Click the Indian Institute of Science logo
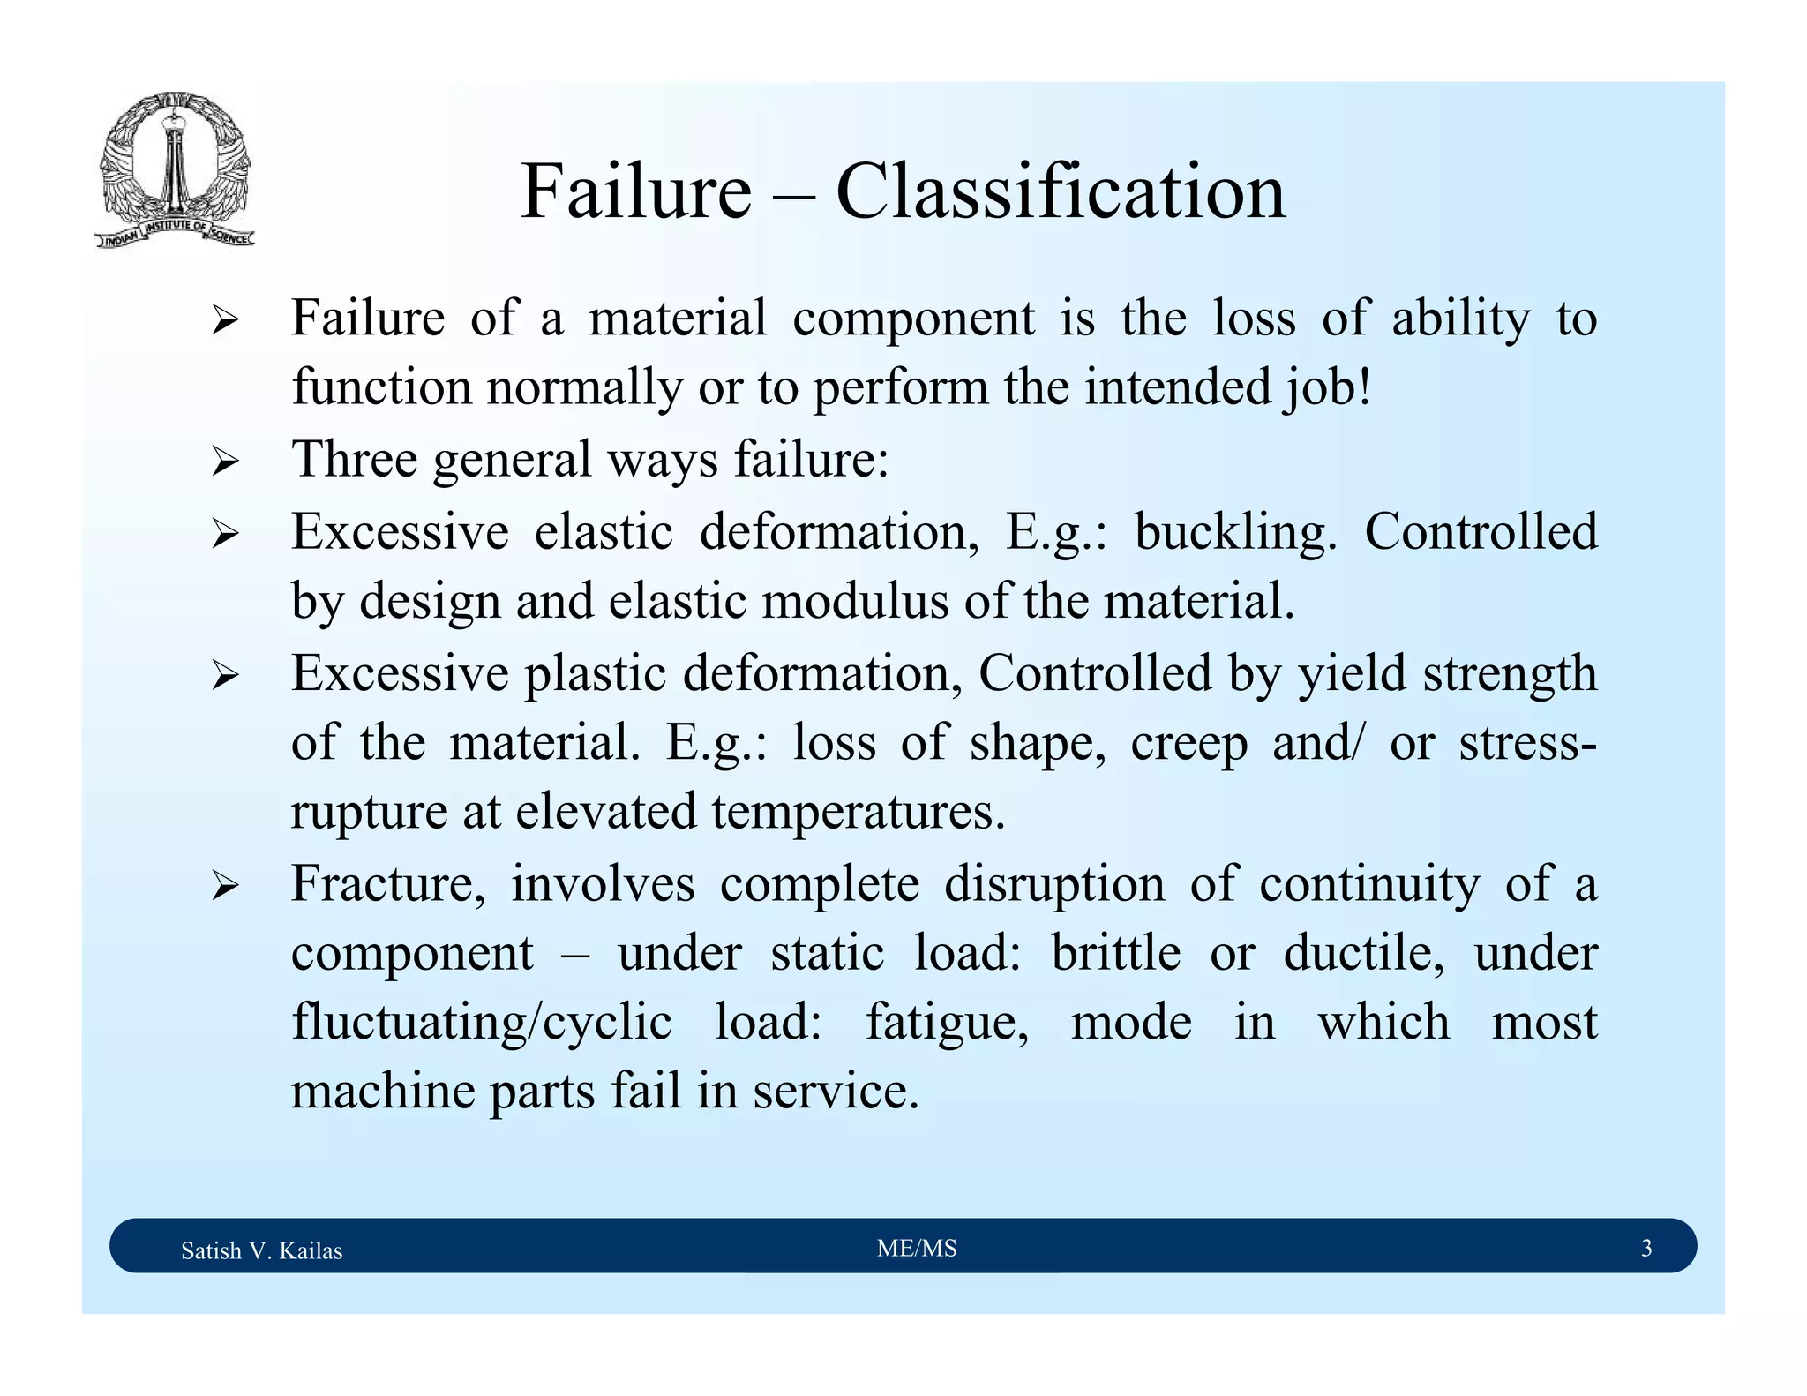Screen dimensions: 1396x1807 coord(175,170)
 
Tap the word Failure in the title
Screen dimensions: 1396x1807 coord(635,191)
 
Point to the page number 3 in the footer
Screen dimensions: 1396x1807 coord(1646,1248)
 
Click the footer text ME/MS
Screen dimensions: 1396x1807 coord(917,1248)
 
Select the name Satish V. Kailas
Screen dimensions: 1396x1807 coord(261,1250)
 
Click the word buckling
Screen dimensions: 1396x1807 coord(1234,532)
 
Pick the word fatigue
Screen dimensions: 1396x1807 coord(946,1023)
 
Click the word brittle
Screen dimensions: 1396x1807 coord(1115,953)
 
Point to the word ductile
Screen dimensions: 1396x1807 coord(1363,953)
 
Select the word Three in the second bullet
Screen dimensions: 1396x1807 coord(354,460)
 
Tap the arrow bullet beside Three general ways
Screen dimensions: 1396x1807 coord(225,462)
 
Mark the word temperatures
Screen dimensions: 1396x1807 coord(858,812)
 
